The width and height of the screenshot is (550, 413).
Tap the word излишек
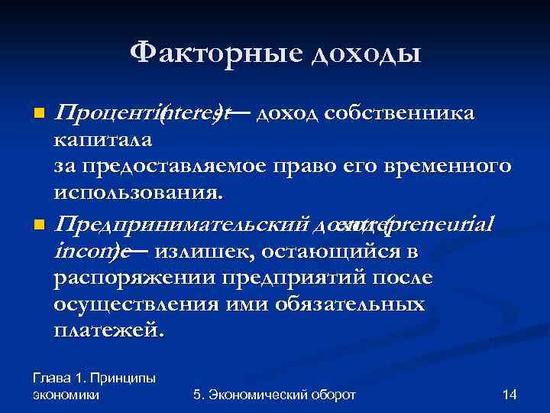tap(199, 251)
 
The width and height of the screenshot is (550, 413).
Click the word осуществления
tap(146, 304)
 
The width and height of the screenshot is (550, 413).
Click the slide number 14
tap(510, 395)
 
